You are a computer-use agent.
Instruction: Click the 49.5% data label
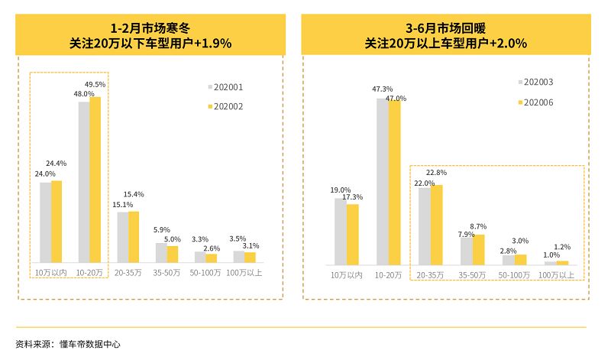coord(95,84)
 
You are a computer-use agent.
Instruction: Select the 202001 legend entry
coord(225,87)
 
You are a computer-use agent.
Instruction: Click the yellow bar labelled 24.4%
coord(57,222)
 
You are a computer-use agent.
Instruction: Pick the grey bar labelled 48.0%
coord(84,182)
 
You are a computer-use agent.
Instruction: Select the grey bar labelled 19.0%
coord(340,231)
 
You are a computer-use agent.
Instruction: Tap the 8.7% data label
coord(478,226)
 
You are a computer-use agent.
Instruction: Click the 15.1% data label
coord(123,205)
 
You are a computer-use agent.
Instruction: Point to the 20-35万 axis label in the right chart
coord(431,274)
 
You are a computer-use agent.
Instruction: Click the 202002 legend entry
coord(225,107)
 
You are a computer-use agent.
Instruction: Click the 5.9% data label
coord(161,230)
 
